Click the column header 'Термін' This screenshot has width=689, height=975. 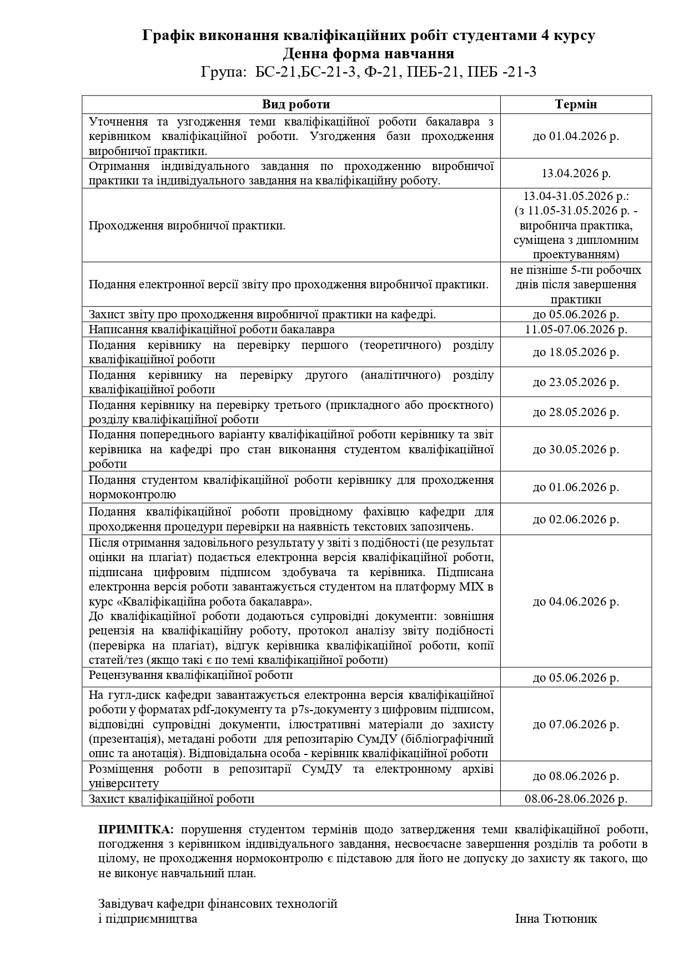pyautogui.click(x=576, y=104)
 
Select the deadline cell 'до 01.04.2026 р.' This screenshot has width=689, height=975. pyautogui.click(x=576, y=136)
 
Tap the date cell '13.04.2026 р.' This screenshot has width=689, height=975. pyautogui.click(x=576, y=173)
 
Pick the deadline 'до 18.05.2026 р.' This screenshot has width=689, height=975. pyautogui.click(x=576, y=352)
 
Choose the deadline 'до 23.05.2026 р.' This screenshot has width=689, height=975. pyautogui.click(x=576, y=382)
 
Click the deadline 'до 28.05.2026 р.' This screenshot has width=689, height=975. pyautogui.click(x=576, y=412)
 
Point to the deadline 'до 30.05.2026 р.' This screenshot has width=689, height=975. pyautogui.click(x=576, y=449)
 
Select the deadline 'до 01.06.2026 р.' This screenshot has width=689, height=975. pyautogui.click(x=576, y=487)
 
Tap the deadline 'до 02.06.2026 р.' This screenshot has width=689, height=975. pyautogui.click(x=576, y=519)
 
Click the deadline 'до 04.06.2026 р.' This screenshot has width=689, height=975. pyautogui.click(x=576, y=602)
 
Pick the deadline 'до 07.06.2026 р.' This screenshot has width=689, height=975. pyautogui.click(x=576, y=724)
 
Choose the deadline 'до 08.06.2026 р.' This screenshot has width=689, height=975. pyautogui.click(x=576, y=776)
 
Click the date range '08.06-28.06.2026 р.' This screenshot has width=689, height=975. pyautogui.click(x=576, y=799)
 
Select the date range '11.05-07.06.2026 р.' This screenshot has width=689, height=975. pyautogui.click(x=576, y=329)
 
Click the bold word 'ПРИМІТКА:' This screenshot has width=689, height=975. pyautogui.click(x=136, y=829)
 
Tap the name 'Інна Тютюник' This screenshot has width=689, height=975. pyautogui.click(x=556, y=918)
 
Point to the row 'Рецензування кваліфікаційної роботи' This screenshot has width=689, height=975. pyautogui.click(x=190, y=675)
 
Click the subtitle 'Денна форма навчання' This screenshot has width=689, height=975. pyautogui.click(x=368, y=54)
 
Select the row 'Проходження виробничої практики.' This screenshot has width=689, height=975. pyautogui.click(x=187, y=226)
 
